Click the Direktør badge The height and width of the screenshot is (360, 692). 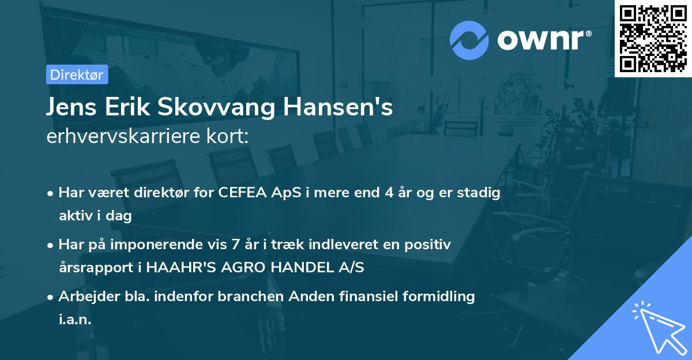(77, 74)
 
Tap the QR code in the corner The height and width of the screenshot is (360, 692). (652, 38)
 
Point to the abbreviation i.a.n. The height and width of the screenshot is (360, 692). (75, 320)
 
